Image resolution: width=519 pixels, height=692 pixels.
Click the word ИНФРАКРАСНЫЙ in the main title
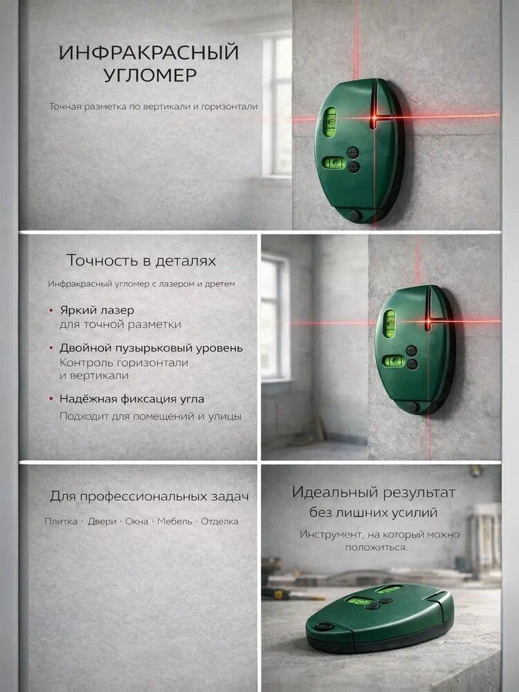[x=149, y=53]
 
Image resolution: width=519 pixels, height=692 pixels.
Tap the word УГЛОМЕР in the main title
[x=150, y=75]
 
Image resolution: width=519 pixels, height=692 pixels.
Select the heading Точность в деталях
[x=141, y=260]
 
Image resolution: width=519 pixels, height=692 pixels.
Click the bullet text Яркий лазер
[x=97, y=310]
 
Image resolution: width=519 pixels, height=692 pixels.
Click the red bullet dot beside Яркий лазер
[x=51, y=311]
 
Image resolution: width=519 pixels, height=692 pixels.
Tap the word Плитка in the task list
[x=61, y=521]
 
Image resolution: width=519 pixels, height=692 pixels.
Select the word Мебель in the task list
[x=175, y=521]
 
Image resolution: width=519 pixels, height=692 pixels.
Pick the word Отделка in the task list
[x=220, y=521]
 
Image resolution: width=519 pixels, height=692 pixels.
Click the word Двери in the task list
[x=102, y=521]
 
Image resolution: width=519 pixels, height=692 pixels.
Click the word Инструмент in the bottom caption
[x=331, y=534]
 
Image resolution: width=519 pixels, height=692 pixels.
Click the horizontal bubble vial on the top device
[x=334, y=163]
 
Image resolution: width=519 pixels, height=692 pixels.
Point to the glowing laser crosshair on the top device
[x=374, y=118]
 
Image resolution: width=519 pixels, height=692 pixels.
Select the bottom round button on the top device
[x=354, y=216]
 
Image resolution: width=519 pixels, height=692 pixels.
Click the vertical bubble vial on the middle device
[x=389, y=323]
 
